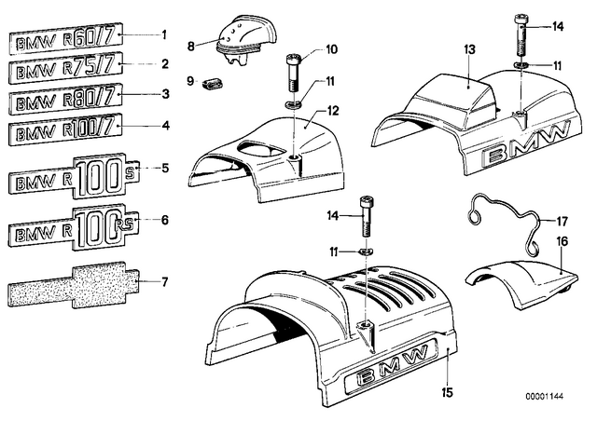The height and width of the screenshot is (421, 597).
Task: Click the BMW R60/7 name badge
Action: tap(65, 38)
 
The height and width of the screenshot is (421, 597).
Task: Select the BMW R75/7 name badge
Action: tap(65, 68)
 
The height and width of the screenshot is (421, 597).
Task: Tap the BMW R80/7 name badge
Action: tap(65, 99)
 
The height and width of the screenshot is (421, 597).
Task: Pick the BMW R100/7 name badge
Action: tap(65, 129)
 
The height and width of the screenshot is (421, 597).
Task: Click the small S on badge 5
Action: tap(130, 173)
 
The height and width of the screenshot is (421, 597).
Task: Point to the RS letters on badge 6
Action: tap(124, 224)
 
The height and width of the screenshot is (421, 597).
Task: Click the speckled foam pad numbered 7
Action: tap(73, 284)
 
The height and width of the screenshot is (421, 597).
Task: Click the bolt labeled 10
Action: tap(292, 73)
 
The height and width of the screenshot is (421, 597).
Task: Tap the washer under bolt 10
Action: tap(293, 103)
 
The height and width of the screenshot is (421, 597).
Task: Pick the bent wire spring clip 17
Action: tap(505, 224)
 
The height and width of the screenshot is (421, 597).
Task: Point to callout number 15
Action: tap(448, 392)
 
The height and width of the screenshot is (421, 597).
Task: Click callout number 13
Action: tap(470, 49)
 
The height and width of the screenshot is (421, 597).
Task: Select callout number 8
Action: tap(190, 47)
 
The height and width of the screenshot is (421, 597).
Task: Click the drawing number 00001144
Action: tap(545, 396)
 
